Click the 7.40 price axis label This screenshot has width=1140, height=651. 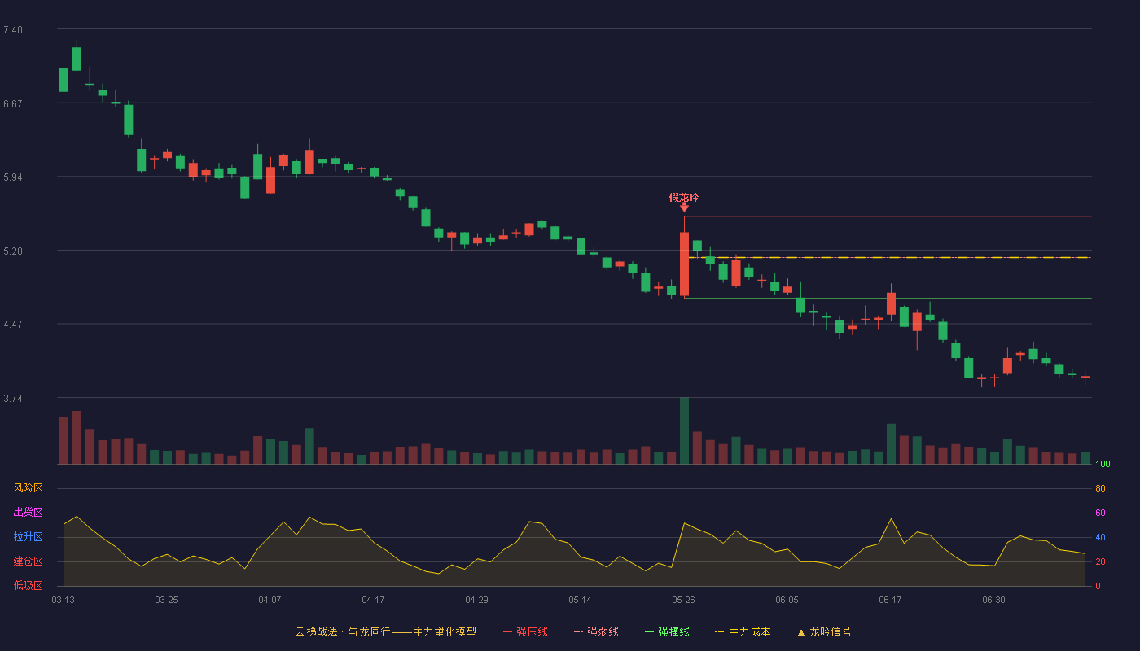(x=13, y=30)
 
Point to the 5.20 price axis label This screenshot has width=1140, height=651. (x=13, y=251)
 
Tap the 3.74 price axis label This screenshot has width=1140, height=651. (x=13, y=399)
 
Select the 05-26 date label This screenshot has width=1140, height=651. (x=683, y=601)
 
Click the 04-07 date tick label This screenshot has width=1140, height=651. (x=270, y=601)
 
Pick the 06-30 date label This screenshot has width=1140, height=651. (x=993, y=601)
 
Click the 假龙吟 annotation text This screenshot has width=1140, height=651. (x=683, y=197)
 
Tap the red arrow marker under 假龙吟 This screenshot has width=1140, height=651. (x=685, y=207)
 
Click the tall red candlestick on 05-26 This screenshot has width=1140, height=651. (x=685, y=264)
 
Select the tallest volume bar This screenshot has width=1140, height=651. (x=685, y=430)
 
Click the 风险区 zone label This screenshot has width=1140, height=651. (x=28, y=488)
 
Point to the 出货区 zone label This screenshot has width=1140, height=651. (x=28, y=512)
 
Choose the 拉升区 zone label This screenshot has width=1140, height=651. (x=28, y=536)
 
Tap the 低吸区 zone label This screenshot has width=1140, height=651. (x=28, y=585)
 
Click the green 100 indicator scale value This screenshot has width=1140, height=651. (x=1103, y=464)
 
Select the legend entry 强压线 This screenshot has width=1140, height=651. (x=525, y=631)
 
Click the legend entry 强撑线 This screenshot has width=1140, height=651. (x=667, y=631)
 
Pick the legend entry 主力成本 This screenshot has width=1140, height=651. (x=743, y=631)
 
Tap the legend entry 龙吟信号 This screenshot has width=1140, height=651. (x=824, y=631)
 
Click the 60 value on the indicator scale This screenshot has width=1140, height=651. (x=1100, y=513)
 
